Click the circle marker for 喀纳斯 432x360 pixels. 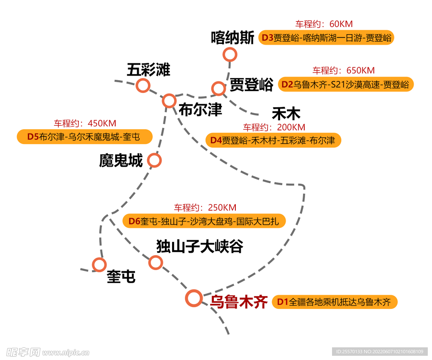coord(230,54)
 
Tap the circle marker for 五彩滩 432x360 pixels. coord(143,86)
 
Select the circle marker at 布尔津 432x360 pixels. coord(169,100)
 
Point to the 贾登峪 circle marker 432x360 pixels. coord(219,88)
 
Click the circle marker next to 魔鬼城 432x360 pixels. coord(154,160)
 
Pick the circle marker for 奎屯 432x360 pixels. coord(100,265)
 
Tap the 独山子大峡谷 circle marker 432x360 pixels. coord(156,263)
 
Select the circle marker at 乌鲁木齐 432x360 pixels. coord(194,298)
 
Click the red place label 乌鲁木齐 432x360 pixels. coord(239,302)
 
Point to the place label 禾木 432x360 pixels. coord(286,114)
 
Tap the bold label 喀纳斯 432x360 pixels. coord(232,38)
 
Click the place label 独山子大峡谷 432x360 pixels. coord(200,246)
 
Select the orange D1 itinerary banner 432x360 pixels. coord(335,302)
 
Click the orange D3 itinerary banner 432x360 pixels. coord(326,38)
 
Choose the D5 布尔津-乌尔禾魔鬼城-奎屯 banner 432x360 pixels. coord(84,137)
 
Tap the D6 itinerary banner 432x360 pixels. coord(204,221)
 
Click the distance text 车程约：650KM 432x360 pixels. coord(343,70)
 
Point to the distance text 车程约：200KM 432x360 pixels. coord(274,127)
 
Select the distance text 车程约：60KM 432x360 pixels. coord(324,24)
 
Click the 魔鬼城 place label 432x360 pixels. coord(121,160)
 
